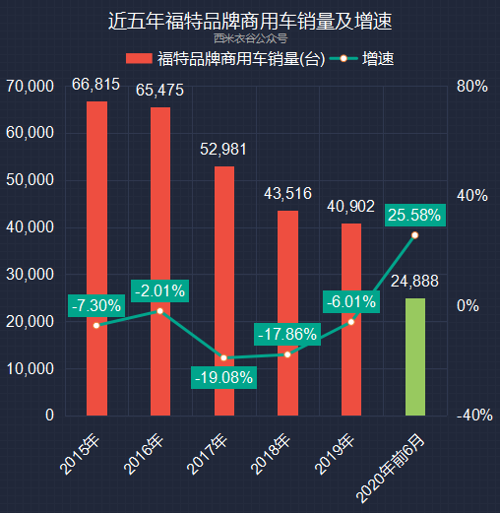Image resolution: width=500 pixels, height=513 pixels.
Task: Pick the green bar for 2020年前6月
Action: click(415, 356)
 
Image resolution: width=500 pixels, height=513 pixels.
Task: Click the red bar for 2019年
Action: click(351, 319)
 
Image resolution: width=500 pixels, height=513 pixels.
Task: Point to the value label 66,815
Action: click(96, 85)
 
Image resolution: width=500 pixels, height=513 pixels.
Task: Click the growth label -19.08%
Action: click(224, 377)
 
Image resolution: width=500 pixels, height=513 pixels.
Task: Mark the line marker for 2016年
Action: click(159, 311)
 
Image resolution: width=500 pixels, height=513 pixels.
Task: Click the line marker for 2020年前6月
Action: click(415, 235)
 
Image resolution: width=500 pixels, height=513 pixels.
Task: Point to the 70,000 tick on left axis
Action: click(30, 87)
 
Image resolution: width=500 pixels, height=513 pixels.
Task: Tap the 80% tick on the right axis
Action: click(472, 87)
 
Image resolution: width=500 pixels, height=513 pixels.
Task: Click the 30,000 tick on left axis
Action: click(30, 274)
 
